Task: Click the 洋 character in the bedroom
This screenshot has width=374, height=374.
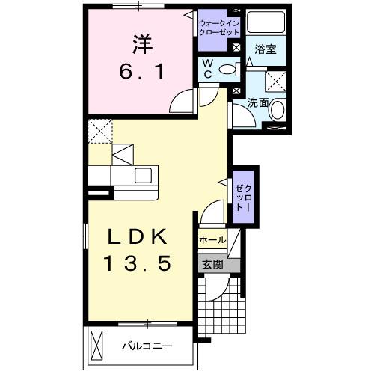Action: coord(141,45)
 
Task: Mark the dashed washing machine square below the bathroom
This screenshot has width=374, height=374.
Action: coord(277,81)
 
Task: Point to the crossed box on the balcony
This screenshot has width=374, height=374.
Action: coord(96,345)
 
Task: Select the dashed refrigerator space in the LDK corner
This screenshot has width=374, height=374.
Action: coord(99,131)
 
